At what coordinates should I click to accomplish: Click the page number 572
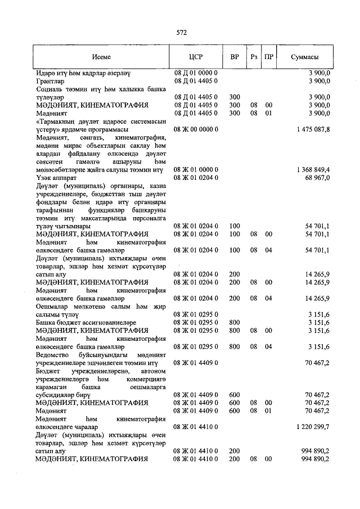tap(181, 33)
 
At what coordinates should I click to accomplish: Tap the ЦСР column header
tap(196, 57)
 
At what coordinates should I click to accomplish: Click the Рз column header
tap(254, 57)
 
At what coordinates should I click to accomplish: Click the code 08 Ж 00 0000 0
tap(196, 129)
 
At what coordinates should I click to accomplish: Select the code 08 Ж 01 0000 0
tap(196, 169)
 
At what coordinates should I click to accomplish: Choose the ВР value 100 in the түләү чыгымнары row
tap(235, 226)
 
